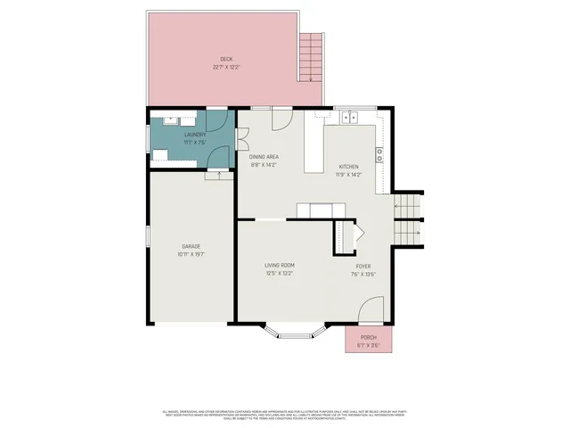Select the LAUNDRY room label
point(195,136)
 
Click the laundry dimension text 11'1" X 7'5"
point(195,143)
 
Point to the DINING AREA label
point(264,157)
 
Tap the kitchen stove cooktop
point(379,153)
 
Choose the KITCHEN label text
point(348,168)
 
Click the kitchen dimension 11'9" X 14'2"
point(348,176)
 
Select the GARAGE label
point(191,246)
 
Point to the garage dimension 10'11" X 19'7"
point(191,254)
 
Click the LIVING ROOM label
point(279,266)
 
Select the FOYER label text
point(363,266)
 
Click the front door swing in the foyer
point(372,312)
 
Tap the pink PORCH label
point(368,337)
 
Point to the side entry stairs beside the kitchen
point(408,218)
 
